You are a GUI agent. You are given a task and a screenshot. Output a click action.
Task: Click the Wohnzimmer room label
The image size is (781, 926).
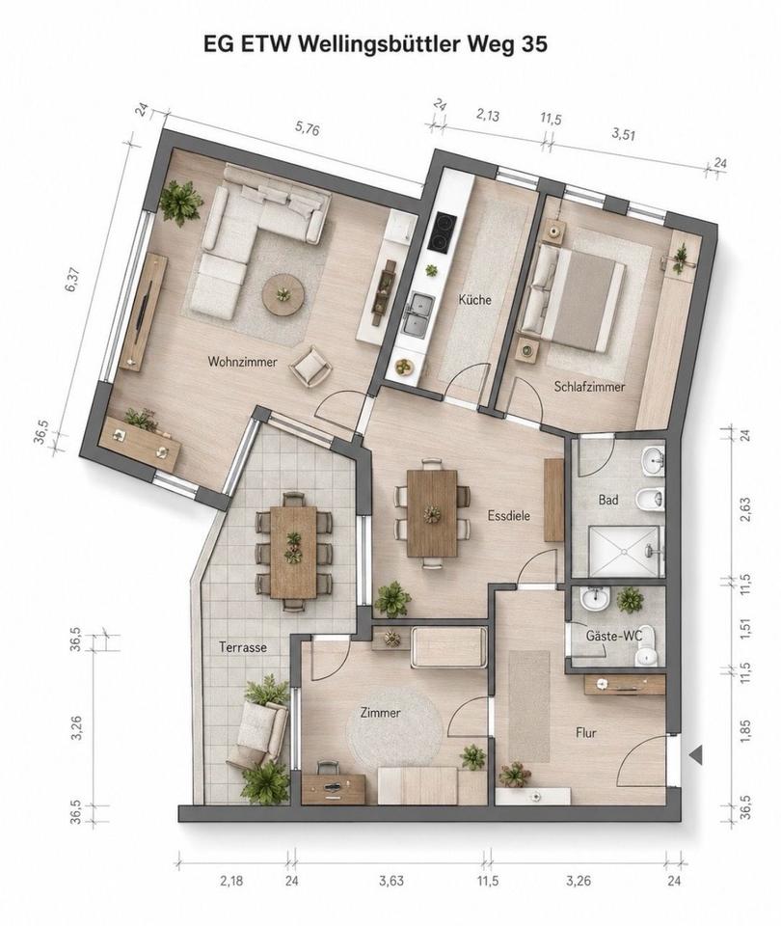(x=242, y=362)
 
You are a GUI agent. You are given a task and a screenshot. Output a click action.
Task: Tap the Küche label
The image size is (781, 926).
(x=474, y=299)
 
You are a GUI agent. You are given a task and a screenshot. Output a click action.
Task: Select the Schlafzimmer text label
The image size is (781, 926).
(x=589, y=387)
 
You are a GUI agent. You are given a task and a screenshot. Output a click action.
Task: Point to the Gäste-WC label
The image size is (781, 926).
(x=613, y=636)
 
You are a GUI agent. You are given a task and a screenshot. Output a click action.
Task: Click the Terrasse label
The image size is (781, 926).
(x=243, y=647)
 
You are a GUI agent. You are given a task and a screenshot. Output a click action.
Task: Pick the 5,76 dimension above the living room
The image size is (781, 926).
(x=307, y=129)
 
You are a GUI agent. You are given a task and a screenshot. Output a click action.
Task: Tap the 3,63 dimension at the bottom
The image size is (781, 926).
(x=390, y=881)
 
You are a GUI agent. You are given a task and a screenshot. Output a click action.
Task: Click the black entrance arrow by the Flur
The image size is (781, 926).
(x=695, y=754)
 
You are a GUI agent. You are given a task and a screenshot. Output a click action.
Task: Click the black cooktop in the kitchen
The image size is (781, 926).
(x=443, y=232)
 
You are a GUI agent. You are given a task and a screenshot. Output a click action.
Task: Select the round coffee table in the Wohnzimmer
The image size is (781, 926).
(x=283, y=296)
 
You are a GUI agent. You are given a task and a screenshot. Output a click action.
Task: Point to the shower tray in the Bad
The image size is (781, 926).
(x=624, y=551)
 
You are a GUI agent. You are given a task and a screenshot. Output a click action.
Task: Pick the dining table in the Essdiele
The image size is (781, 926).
(x=432, y=513)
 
